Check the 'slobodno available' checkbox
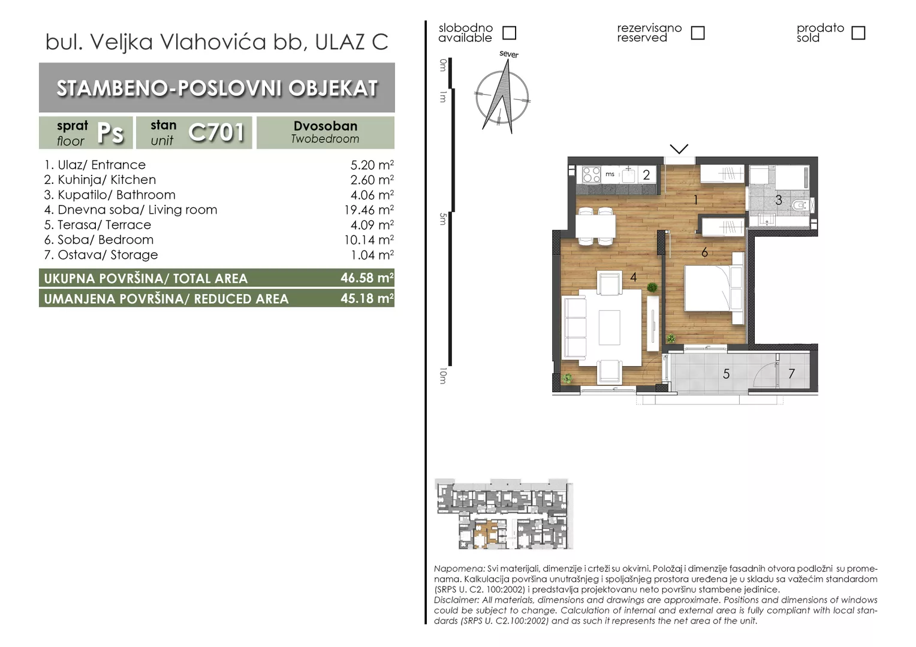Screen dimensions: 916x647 509,33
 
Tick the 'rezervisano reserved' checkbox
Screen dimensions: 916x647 698,33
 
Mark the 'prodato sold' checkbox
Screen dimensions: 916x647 858,33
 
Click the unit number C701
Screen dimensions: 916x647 216,132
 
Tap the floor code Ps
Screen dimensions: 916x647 110,133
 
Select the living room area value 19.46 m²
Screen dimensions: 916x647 369,210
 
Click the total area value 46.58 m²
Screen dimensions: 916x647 367,278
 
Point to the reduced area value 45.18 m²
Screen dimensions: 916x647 367,298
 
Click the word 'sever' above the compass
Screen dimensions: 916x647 509,55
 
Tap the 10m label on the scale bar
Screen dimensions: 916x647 443,376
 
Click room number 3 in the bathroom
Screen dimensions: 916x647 779,200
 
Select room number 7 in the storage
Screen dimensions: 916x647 791,374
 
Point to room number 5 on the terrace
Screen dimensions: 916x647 726,374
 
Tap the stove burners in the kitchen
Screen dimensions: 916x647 591,174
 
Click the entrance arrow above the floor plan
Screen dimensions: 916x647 679,149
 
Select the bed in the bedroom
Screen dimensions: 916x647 714,289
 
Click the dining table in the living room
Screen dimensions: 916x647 595,226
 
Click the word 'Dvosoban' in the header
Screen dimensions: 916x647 326,126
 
